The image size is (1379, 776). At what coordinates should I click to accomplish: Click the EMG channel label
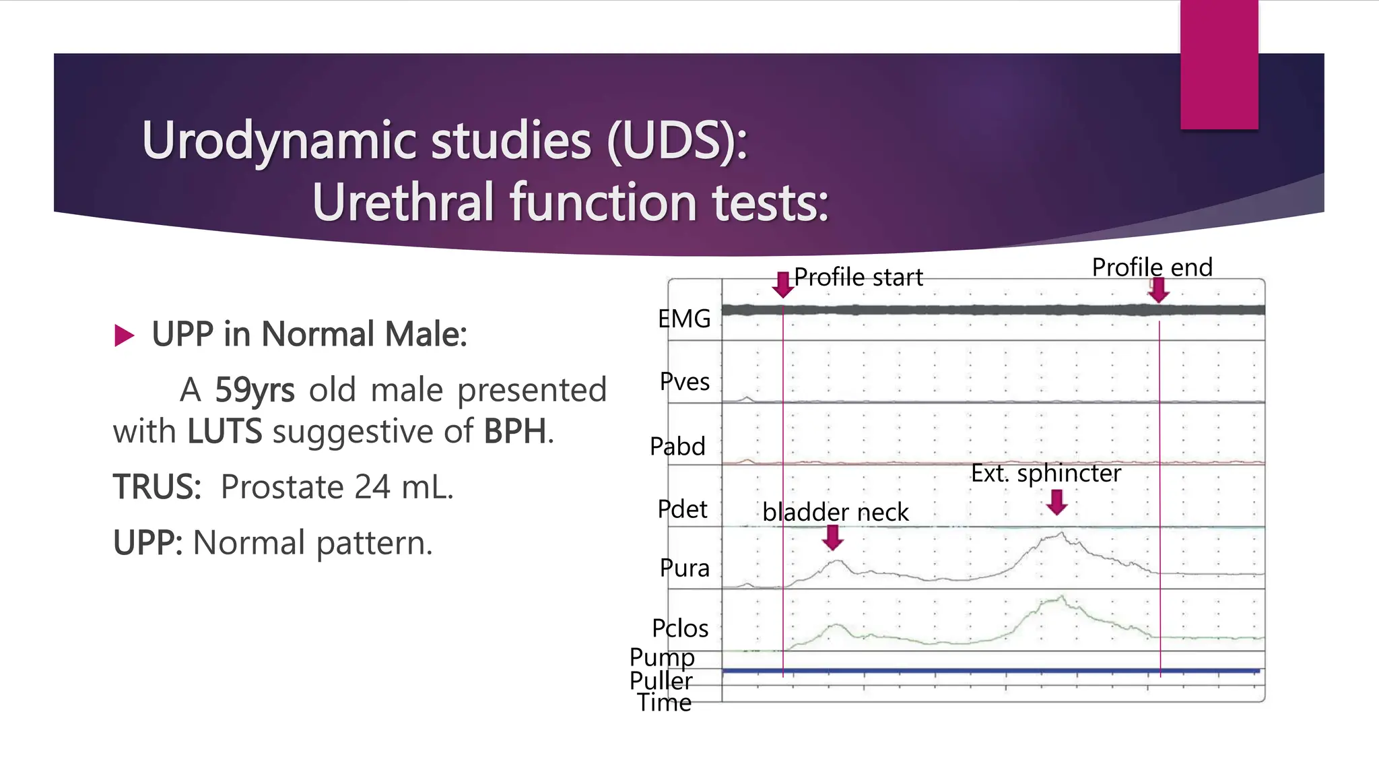pos(684,319)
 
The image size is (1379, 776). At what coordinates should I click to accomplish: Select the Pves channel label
pos(684,382)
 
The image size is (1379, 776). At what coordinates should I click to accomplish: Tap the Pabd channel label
pos(677,447)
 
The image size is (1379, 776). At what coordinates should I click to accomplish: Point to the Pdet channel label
pos(682,509)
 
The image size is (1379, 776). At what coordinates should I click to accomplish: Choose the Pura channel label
pos(684,569)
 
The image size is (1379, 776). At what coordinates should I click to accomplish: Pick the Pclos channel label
pos(680,628)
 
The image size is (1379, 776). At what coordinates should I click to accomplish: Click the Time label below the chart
pos(665,703)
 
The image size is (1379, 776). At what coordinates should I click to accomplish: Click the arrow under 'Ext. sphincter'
pos(1057,502)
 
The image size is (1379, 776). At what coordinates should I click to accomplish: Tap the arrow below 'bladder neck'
pos(834,537)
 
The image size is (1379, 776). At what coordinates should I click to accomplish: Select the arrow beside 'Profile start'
pos(782,284)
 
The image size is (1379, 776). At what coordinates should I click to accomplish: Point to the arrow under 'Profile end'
pos(1159,290)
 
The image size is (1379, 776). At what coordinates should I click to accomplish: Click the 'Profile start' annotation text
pos(859,277)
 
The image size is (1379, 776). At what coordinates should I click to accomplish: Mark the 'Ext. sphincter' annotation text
pos(1046,473)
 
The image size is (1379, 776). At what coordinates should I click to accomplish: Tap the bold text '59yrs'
pos(255,390)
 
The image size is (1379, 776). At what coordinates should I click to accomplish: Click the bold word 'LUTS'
pos(224,432)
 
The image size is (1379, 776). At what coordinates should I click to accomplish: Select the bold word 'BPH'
pos(514,432)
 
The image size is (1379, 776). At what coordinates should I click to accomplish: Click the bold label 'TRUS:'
pos(157,487)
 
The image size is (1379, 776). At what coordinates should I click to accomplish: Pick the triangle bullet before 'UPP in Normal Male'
pos(125,335)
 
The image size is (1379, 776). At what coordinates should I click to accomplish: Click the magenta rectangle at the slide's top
pos(1219,64)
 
